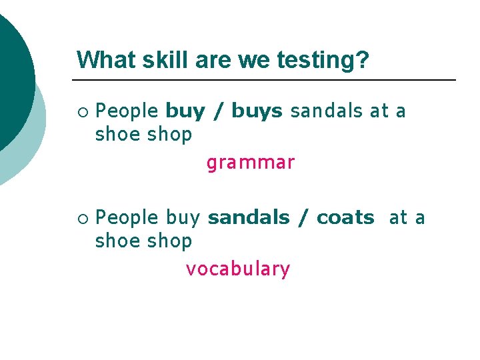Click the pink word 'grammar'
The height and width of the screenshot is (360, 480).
click(x=250, y=163)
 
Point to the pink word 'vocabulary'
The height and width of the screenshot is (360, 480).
click(x=238, y=269)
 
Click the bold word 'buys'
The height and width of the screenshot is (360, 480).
click(x=257, y=111)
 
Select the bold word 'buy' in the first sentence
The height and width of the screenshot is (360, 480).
click(x=185, y=111)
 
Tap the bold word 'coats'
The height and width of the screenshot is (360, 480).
click(x=345, y=218)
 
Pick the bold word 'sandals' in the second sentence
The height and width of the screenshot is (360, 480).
click(x=249, y=218)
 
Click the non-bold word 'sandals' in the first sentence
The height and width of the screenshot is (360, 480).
click(x=327, y=111)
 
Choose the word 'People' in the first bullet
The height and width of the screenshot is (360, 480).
click(x=127, y=111)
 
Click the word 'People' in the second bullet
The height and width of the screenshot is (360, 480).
click(x=127, y=218)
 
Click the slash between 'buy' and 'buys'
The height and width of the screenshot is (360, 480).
click(x=217, y=111)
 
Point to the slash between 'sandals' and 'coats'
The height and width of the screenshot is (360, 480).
click(x=303, y=218)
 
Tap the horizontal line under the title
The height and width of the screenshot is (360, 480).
click(x=267, y=80)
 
